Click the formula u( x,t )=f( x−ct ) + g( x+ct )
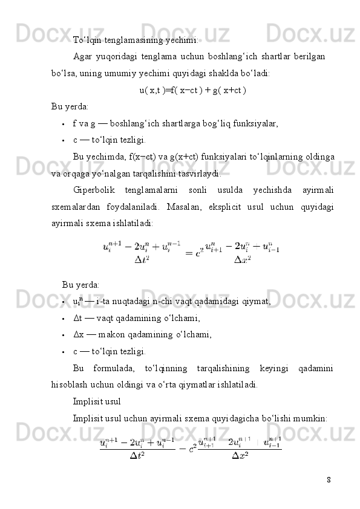pyautogui.click(x=192, y=91)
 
